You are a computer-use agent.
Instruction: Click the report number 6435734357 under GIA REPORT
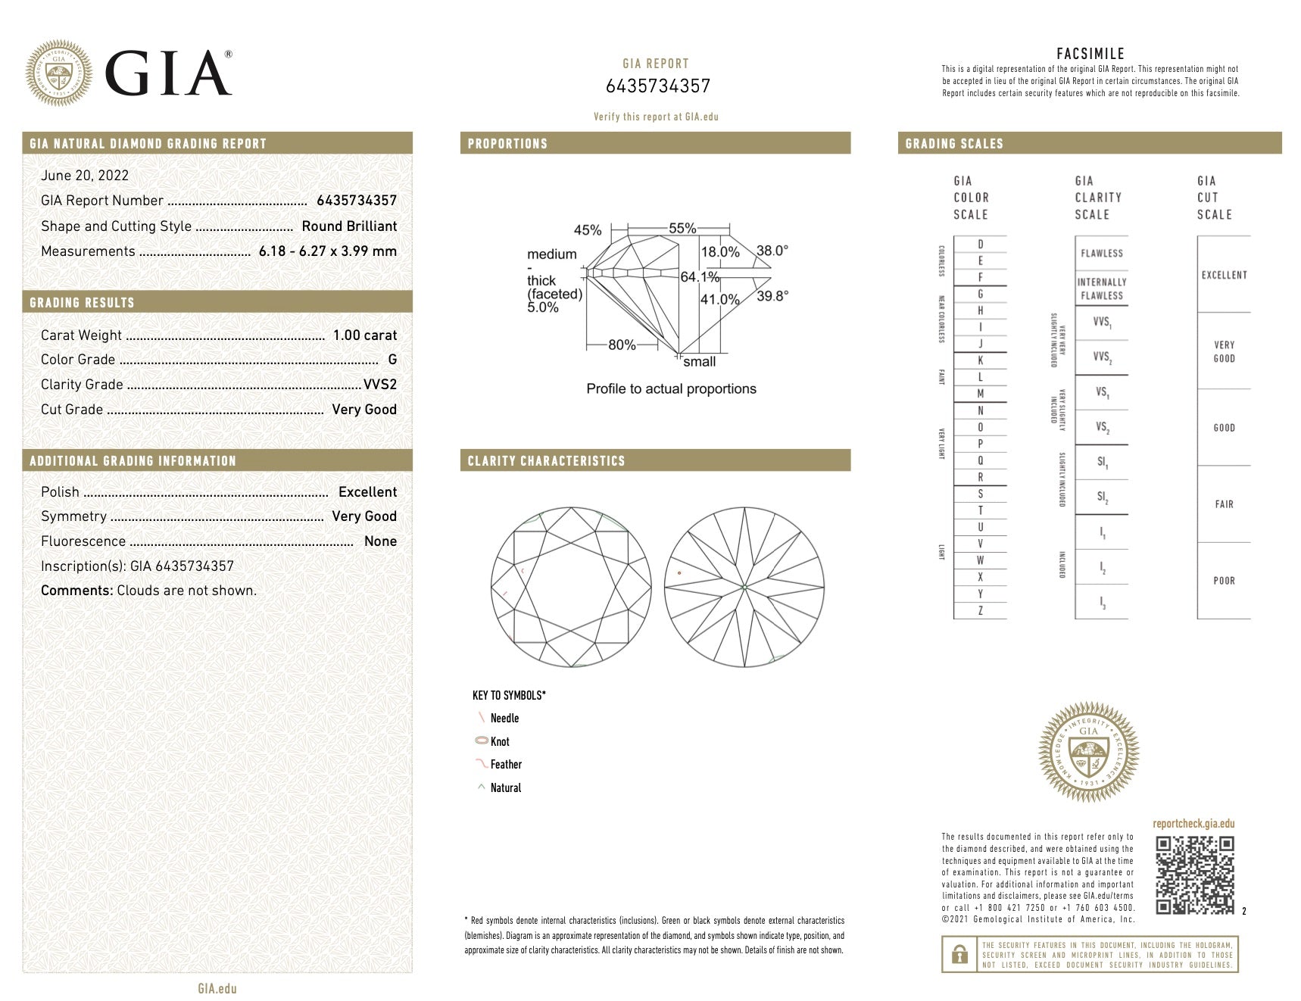click(x=657, y=86)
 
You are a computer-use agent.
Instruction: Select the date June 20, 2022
click(x=85, y=176)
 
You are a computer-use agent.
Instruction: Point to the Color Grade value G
click(x=392, y=360)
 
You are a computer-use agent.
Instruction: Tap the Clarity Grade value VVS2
click(x=380, y=385)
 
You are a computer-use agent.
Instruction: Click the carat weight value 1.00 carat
click(x=365, y=335)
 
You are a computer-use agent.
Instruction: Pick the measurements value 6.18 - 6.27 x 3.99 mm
click(x=327, y=251)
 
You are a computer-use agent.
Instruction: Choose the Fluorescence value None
click(x=380, y=541)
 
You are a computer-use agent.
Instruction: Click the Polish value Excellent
click(x=367, y=492)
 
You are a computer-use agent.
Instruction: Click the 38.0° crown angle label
click(x=772, y=251)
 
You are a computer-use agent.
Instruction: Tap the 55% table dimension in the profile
click(x=682, y=229)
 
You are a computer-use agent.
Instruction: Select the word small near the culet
click(x=699, y=362)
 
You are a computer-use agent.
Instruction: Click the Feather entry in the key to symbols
click(x=506, y=765)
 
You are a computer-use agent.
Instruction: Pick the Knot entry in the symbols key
click(x=500, y=742)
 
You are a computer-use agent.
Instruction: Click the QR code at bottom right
click(x=1195, y=875)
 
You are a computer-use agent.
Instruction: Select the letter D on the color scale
click(x=981, y=245)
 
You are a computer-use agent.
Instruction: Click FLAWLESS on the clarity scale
click(x=1102, y=254)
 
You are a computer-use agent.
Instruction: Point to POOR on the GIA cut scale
click(x=1224, y=581)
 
